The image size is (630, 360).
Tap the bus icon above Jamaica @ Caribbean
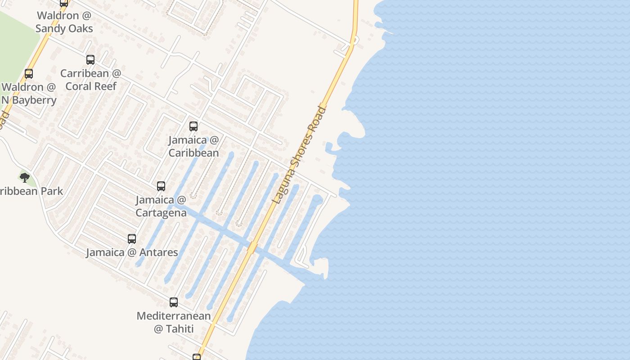tap(193, 126)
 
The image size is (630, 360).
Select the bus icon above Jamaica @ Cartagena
tap(161, 186)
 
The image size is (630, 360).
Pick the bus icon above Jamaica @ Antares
tap(132, 239)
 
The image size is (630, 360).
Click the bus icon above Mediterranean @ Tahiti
tap(174, 302)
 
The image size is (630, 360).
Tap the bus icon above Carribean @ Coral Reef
tap(90, 60)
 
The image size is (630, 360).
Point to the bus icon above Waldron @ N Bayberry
tap(29, 74)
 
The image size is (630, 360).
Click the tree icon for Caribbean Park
tap(25, 177)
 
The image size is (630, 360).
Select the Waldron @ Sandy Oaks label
tap(64, 22)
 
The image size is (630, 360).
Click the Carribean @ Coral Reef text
tap(91, 80)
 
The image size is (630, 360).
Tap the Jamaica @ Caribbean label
tap(193, 146)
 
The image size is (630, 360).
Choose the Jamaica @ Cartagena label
tap(161, 206)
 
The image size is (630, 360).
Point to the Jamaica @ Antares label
tap(132, 252)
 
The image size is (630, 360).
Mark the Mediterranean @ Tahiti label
tap(174, 322)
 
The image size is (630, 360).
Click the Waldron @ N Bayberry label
tap(29, 93)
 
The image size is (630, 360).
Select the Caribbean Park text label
tap(31, 191)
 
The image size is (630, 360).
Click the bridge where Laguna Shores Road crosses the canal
tap(252, 247)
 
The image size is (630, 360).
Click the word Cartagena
tap(161, 213)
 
